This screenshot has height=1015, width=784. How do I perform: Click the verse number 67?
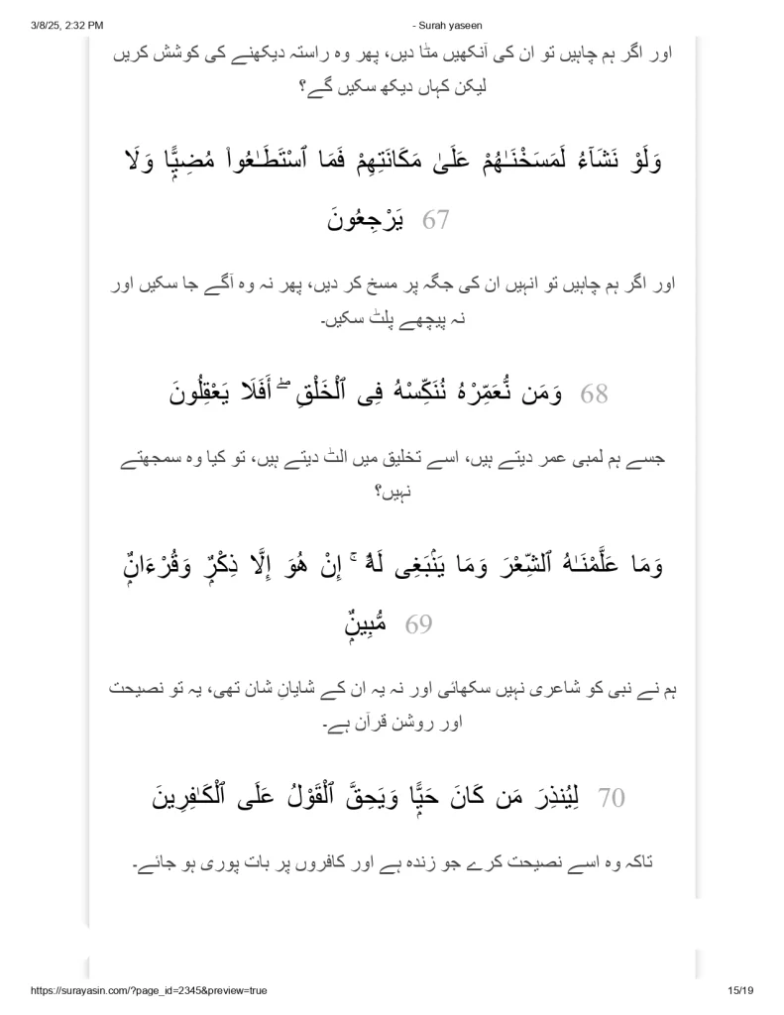coord(437,219)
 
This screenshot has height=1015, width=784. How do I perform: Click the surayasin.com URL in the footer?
coord(135,990)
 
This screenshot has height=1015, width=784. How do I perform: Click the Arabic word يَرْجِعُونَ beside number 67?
coord(367,219)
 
